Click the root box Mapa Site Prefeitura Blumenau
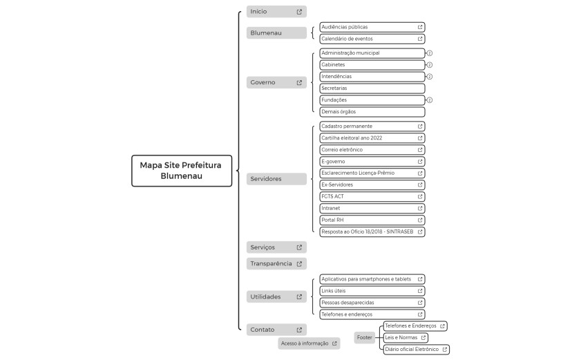[182, 171]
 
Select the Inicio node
[276, 12]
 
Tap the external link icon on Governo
[299, 83]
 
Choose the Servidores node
[276, 179]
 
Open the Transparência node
[276, 263]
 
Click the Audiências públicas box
[372, 27]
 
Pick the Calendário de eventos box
[372, 39]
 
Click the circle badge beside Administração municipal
[430, 53]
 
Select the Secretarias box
[372, 88]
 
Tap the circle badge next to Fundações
[430, 100]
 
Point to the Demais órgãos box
[372, 112]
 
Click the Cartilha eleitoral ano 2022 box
[372, 138]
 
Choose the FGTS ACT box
[372, 196]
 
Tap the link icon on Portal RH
[420, 220]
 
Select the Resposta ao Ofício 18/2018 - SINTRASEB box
[372, 231]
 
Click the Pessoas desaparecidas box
[372, 303]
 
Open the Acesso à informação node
[309, 343]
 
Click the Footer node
[365, 337]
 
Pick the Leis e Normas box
[406, 337]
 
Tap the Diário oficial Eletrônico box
[416, 349]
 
